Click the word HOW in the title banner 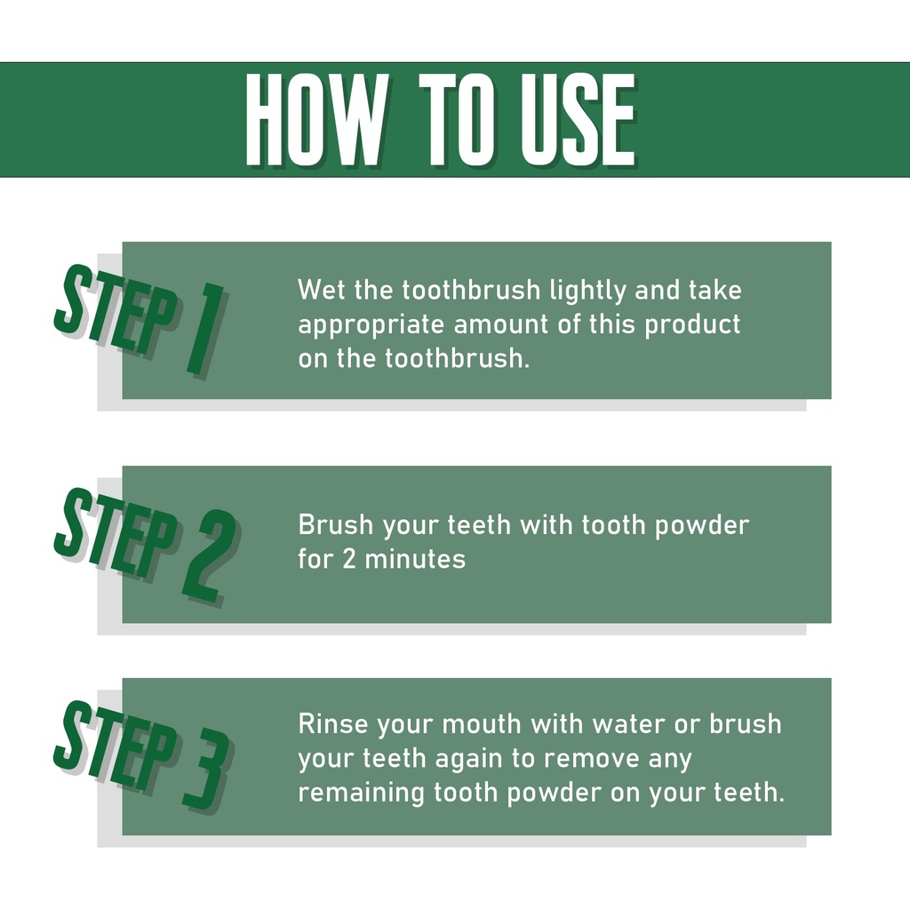pyautogui.click(x=317, y=120)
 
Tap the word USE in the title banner pyautogui.click(x=578, y=120)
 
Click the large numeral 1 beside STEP pyautogui.click(x=205, y=328)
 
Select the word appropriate pyautogui.click(x=371, y=325)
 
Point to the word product pyautogui.click(x=692, y=325)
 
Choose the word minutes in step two pyautogui.click(x=415, y=560)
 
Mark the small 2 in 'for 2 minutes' pyautogui.click(x=348, y=560)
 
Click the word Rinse pyautogui.click(x=333, y=724)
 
